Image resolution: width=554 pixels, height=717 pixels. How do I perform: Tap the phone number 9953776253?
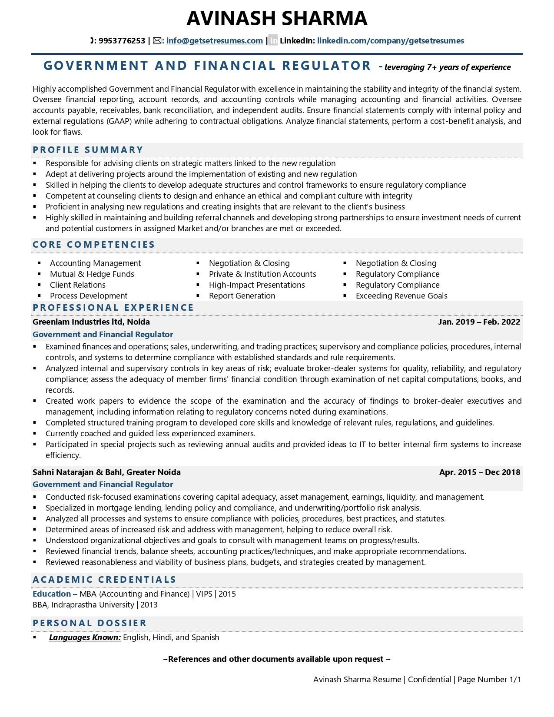122,41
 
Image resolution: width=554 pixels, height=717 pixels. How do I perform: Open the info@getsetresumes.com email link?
214,41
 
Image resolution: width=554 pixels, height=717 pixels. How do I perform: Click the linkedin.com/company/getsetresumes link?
390,41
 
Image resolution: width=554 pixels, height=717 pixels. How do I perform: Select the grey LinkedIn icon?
273,41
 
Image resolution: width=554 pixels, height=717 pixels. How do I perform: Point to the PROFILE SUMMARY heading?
88,150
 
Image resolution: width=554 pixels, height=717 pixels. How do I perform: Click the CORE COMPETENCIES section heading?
94,245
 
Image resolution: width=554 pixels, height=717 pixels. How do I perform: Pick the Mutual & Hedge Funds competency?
92,274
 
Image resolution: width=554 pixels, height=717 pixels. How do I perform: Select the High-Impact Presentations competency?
257,285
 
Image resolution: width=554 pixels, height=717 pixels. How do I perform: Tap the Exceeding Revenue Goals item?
401,296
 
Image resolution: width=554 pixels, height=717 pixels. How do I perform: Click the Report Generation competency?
242,296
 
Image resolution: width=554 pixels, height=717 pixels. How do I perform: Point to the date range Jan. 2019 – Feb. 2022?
479,322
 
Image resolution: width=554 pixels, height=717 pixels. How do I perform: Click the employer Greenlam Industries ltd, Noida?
91,322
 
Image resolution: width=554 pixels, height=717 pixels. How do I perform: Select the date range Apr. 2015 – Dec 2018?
479,472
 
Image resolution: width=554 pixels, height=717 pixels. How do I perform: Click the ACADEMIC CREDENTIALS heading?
104,580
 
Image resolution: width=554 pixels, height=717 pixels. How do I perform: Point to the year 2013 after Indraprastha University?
149,605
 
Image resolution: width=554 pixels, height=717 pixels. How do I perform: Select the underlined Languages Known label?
85,637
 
